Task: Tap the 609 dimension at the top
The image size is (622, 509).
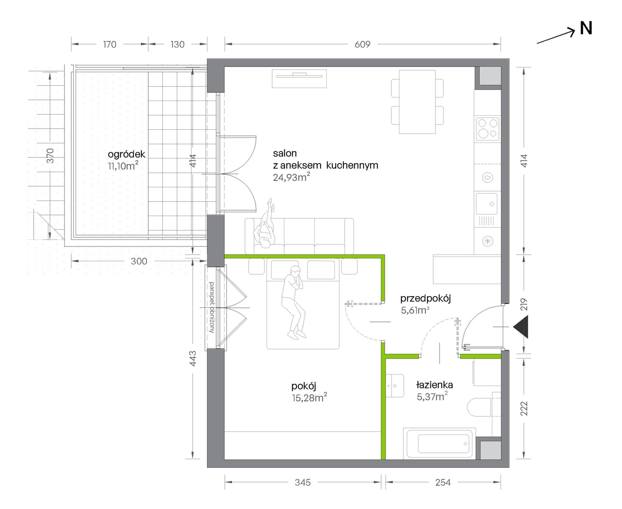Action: click(x=362, y=44)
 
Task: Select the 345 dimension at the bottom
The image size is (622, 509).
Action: click(x=302, y=482)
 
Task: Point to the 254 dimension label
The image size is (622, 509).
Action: click(x=443, y=482)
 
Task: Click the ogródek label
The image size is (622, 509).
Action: click(x=126, y=154)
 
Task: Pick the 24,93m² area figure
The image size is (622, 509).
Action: click(x=291, y=177)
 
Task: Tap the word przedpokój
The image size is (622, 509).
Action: click(x=425, y=298)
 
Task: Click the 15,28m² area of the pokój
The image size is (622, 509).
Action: click(x=309, y=398)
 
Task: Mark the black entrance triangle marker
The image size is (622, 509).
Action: click(x=521, y=327)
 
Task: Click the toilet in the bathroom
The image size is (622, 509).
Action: click(x=479, y=407)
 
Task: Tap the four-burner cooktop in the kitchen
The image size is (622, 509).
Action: click(x=487, y=129)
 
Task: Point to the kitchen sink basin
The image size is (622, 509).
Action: click(x=486, y=204)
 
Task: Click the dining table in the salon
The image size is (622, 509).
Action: click(x=417, y=102)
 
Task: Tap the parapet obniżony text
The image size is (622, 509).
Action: click(x=211, y=307)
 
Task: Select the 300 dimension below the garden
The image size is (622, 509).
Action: click(x=139, y=261)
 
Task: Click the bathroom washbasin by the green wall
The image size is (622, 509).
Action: click(x=394, y=386)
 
